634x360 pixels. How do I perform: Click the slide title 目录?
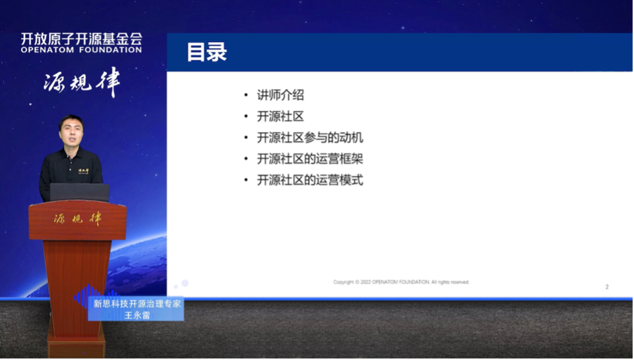click(207, 52)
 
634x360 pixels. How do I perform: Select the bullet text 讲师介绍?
click(280, 96)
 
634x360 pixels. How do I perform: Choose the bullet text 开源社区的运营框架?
click(310, 159)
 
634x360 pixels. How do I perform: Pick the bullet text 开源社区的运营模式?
click(310, 181)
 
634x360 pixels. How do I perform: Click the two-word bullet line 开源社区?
click(280, 117)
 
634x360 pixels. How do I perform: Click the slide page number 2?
click(607, 287)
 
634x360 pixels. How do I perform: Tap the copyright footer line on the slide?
click(401, 283)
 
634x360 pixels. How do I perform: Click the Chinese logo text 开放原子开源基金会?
click(81, 38)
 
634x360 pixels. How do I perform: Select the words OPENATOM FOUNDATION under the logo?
click(81, 50)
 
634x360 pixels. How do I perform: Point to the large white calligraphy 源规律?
click(82, 82)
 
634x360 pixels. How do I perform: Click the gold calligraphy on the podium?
click(77, 219)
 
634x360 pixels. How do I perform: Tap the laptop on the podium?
click(79, 192)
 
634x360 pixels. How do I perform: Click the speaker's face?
click(71, 131)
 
